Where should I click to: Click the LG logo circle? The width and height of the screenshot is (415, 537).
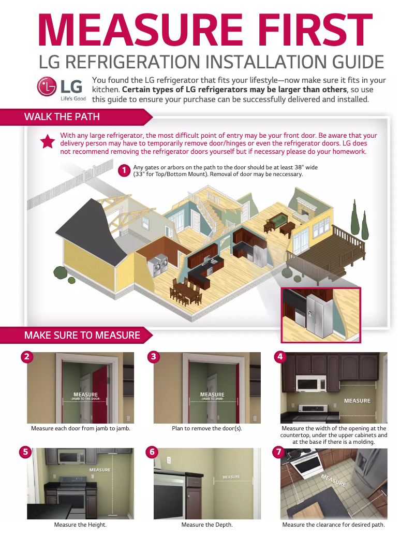[x=47, y=86]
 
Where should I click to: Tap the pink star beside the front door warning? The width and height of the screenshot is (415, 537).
[x=48, y=141]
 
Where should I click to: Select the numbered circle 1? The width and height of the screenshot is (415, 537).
[x=124, y=170]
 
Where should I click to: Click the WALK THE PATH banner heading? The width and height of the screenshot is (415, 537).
[x=62, y=117]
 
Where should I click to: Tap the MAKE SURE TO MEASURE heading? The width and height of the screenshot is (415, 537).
[x=82, y=335]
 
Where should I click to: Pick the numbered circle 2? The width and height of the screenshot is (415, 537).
[x=27, y=356]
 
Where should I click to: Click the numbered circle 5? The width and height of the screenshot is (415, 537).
[x=25, y=452]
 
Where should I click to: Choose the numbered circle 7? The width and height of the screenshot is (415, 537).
[x=278, y=452]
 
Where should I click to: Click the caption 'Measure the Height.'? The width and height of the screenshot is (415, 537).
[x=80, y=525]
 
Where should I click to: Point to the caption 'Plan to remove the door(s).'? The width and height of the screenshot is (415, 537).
[x=207, y=428]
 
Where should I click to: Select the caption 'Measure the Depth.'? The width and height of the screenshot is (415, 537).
[x=207, y=525]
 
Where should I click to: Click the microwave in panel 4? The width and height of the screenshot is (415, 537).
[x=311, y=383]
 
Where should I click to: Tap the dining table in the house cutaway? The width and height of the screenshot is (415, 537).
[x=185, y=293]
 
